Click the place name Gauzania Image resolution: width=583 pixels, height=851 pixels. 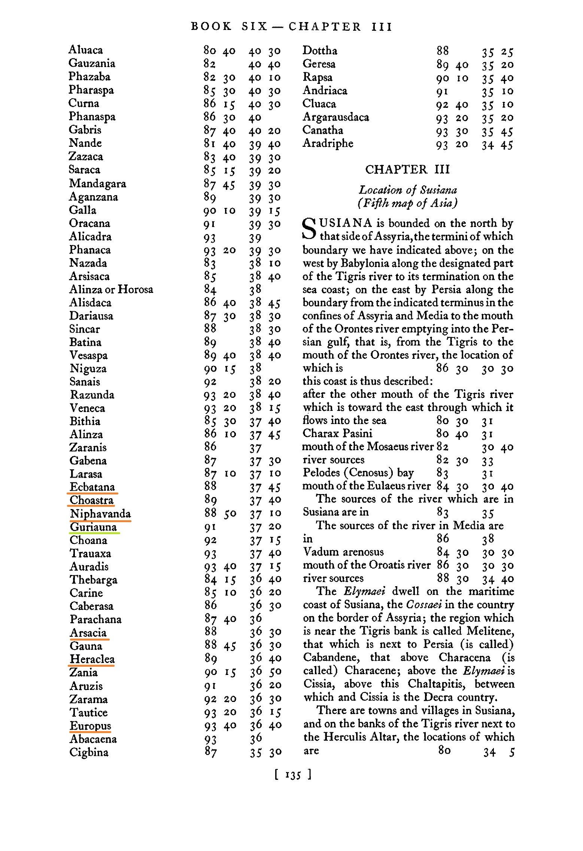92,63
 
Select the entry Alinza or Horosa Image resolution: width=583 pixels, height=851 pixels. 111,289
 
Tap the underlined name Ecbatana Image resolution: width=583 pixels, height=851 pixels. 92,487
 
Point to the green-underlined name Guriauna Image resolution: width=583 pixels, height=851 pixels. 93,527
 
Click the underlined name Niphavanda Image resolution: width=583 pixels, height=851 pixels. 100,514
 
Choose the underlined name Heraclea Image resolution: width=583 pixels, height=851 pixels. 92,659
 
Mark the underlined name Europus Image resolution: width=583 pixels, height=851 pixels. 90,726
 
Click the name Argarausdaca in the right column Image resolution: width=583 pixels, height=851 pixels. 335,117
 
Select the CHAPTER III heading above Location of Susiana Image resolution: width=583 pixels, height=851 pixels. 407,170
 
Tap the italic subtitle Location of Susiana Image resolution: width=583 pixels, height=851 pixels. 408,190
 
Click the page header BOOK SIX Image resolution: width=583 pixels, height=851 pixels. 229,27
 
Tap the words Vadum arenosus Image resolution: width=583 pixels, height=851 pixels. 343,552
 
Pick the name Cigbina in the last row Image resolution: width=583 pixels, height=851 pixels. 89,752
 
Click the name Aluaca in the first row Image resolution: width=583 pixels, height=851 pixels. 85,50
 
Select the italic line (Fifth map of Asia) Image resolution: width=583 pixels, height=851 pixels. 407,203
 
